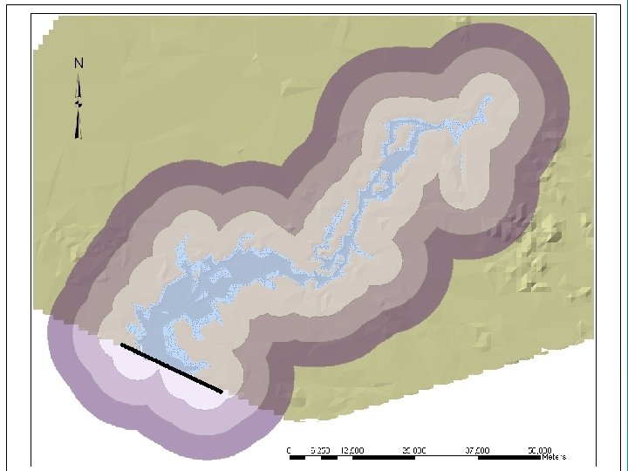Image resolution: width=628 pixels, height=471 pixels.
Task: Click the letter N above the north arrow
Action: (78, 63)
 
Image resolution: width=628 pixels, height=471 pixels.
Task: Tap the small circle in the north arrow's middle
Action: (78, 102)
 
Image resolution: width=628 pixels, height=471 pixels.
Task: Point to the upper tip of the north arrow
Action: (78, 76)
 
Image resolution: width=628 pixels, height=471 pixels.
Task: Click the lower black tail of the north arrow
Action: (78, 126)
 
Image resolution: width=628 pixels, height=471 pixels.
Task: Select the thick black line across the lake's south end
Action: (171, 368)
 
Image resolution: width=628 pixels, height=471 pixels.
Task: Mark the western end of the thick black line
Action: (123, 345)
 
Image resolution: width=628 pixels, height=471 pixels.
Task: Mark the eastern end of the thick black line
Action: (221, 392)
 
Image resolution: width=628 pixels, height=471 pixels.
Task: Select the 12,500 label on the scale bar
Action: (352, 449)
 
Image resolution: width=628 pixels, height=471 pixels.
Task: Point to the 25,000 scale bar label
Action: (415, 449)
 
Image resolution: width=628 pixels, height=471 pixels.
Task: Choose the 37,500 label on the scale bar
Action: (479, 449)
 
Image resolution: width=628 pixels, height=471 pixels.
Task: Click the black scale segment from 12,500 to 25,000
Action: (384, 456)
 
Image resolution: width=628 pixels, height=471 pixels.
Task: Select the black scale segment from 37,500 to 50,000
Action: (510, 456)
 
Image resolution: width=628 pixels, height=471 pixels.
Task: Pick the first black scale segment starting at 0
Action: (297, 456)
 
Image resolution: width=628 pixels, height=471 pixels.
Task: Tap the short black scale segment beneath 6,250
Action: (329, 456)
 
